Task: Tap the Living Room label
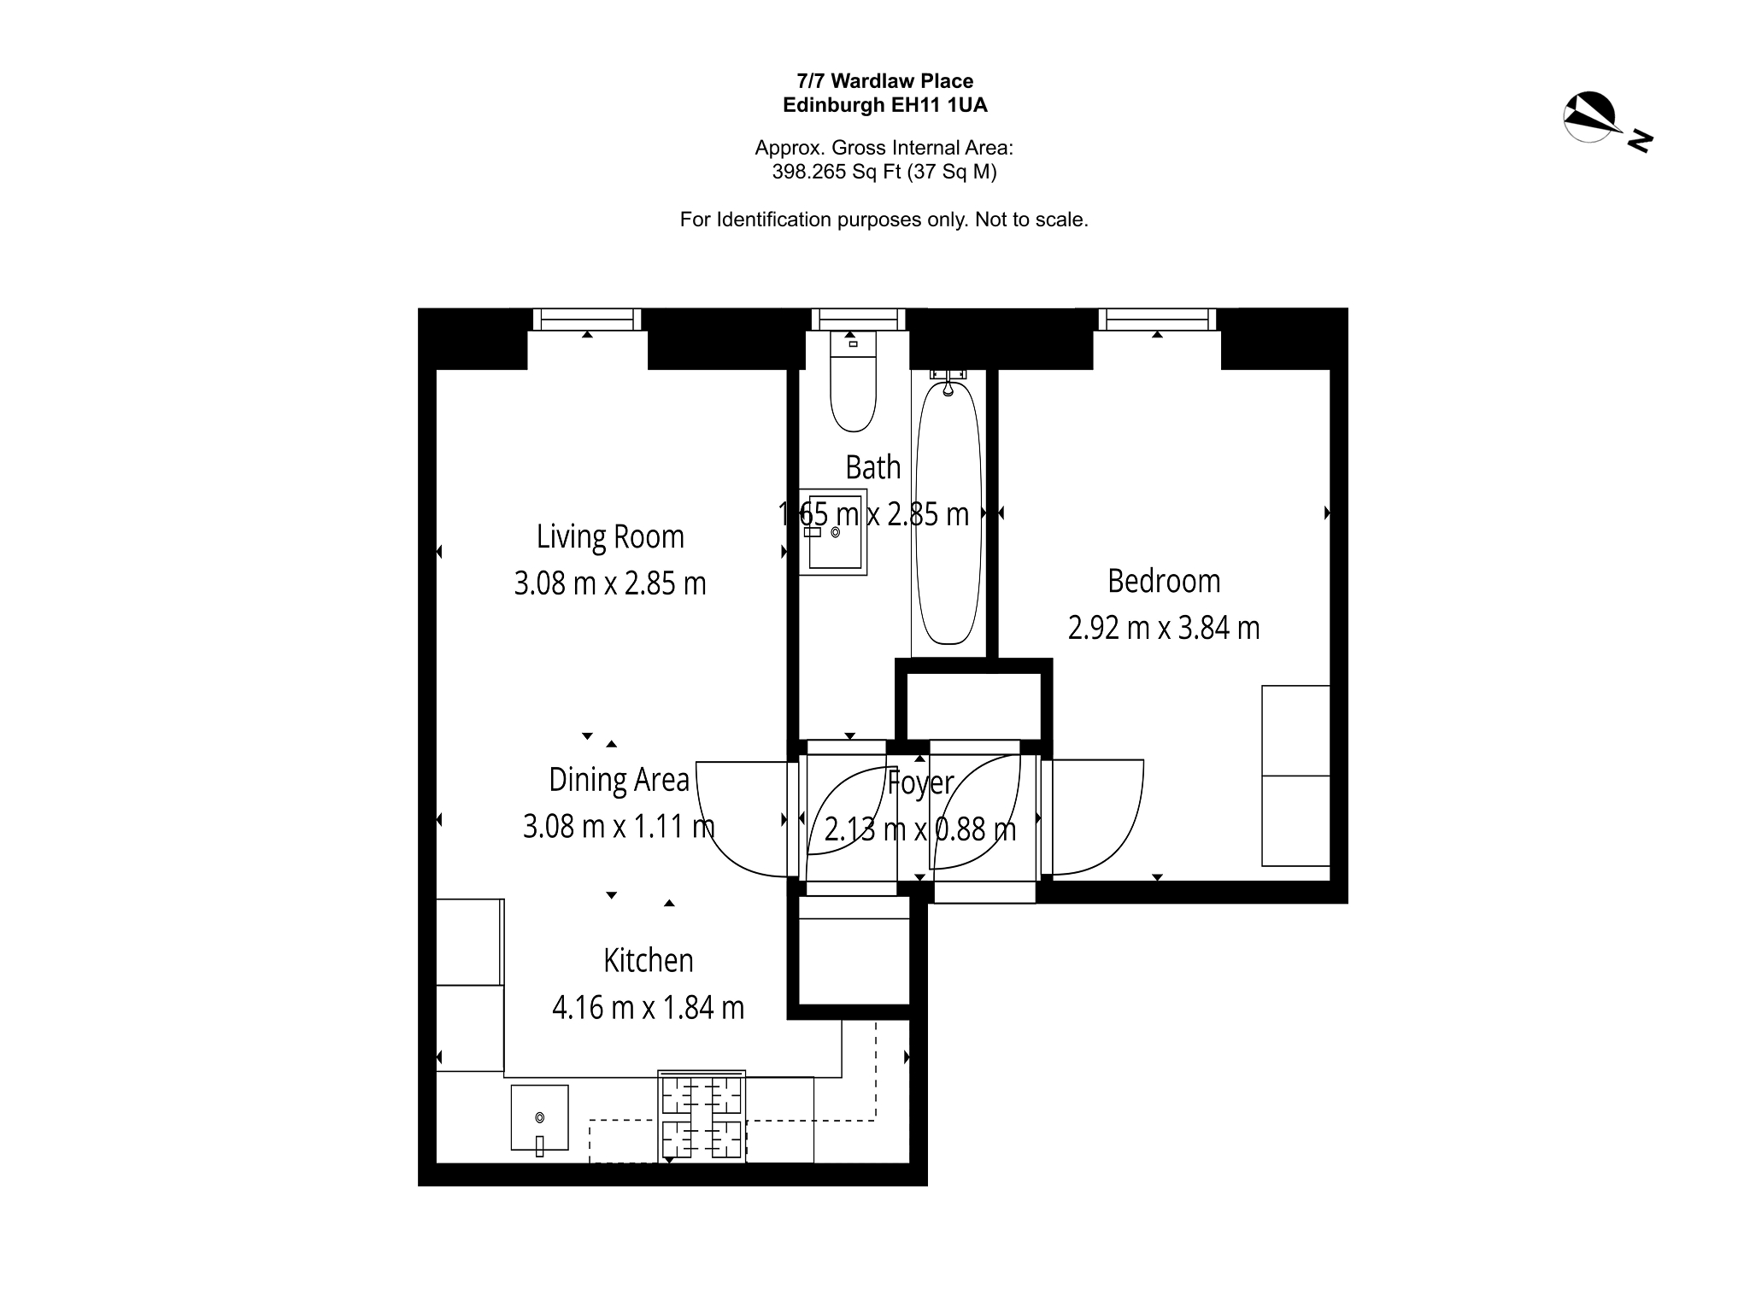coord(610,537)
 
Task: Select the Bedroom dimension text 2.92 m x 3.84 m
coord(1164,628)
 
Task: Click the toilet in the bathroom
coord(854,381)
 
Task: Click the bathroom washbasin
coord(833,531)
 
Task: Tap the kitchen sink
coord(539,1118)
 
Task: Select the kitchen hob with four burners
coord(702,1116)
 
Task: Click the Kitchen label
coord(649,961)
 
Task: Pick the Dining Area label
coord(619,780)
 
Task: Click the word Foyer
coord(920,782)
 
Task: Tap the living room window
coord(587,319)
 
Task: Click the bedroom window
coord(1157,319)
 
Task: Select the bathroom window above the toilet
coord(857,319)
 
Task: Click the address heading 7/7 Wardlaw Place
coord(885,81)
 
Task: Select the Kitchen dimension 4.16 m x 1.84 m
coord(648,1008)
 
